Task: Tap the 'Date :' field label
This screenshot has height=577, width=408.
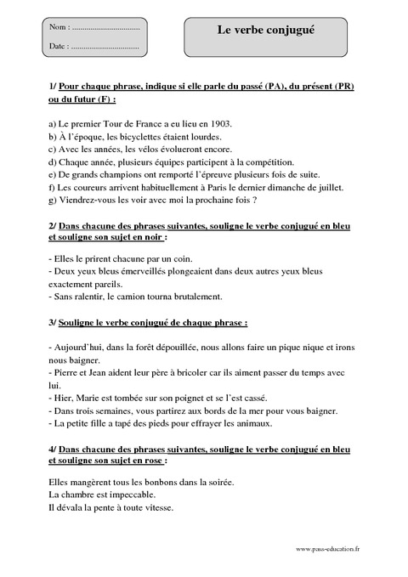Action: click(59, 46)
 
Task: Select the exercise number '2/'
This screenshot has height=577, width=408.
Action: click(53, 225)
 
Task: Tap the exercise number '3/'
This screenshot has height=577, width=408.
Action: click(53, 323)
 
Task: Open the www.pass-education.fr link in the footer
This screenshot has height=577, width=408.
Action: click(327, 550)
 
